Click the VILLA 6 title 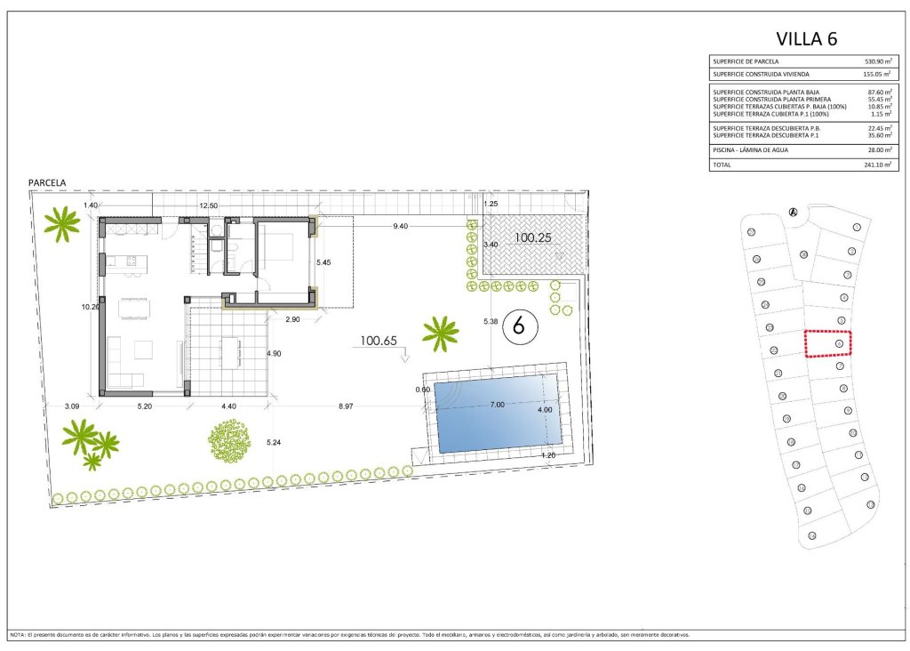click(x=806, y=38)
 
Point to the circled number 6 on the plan click(x=520, y=326)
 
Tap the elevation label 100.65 click(x=379, y=340)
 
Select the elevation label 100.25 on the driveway click(x=533, y=238)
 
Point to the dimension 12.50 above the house click(x=208, y=205)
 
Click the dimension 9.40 click(x=401, y=226)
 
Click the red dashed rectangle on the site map click(x=828, y=343)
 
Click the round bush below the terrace click(x=229, y=439)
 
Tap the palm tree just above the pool click(x=440, y=333)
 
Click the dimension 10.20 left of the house click(x=90, y=307)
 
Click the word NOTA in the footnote click(x=17, y=635)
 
